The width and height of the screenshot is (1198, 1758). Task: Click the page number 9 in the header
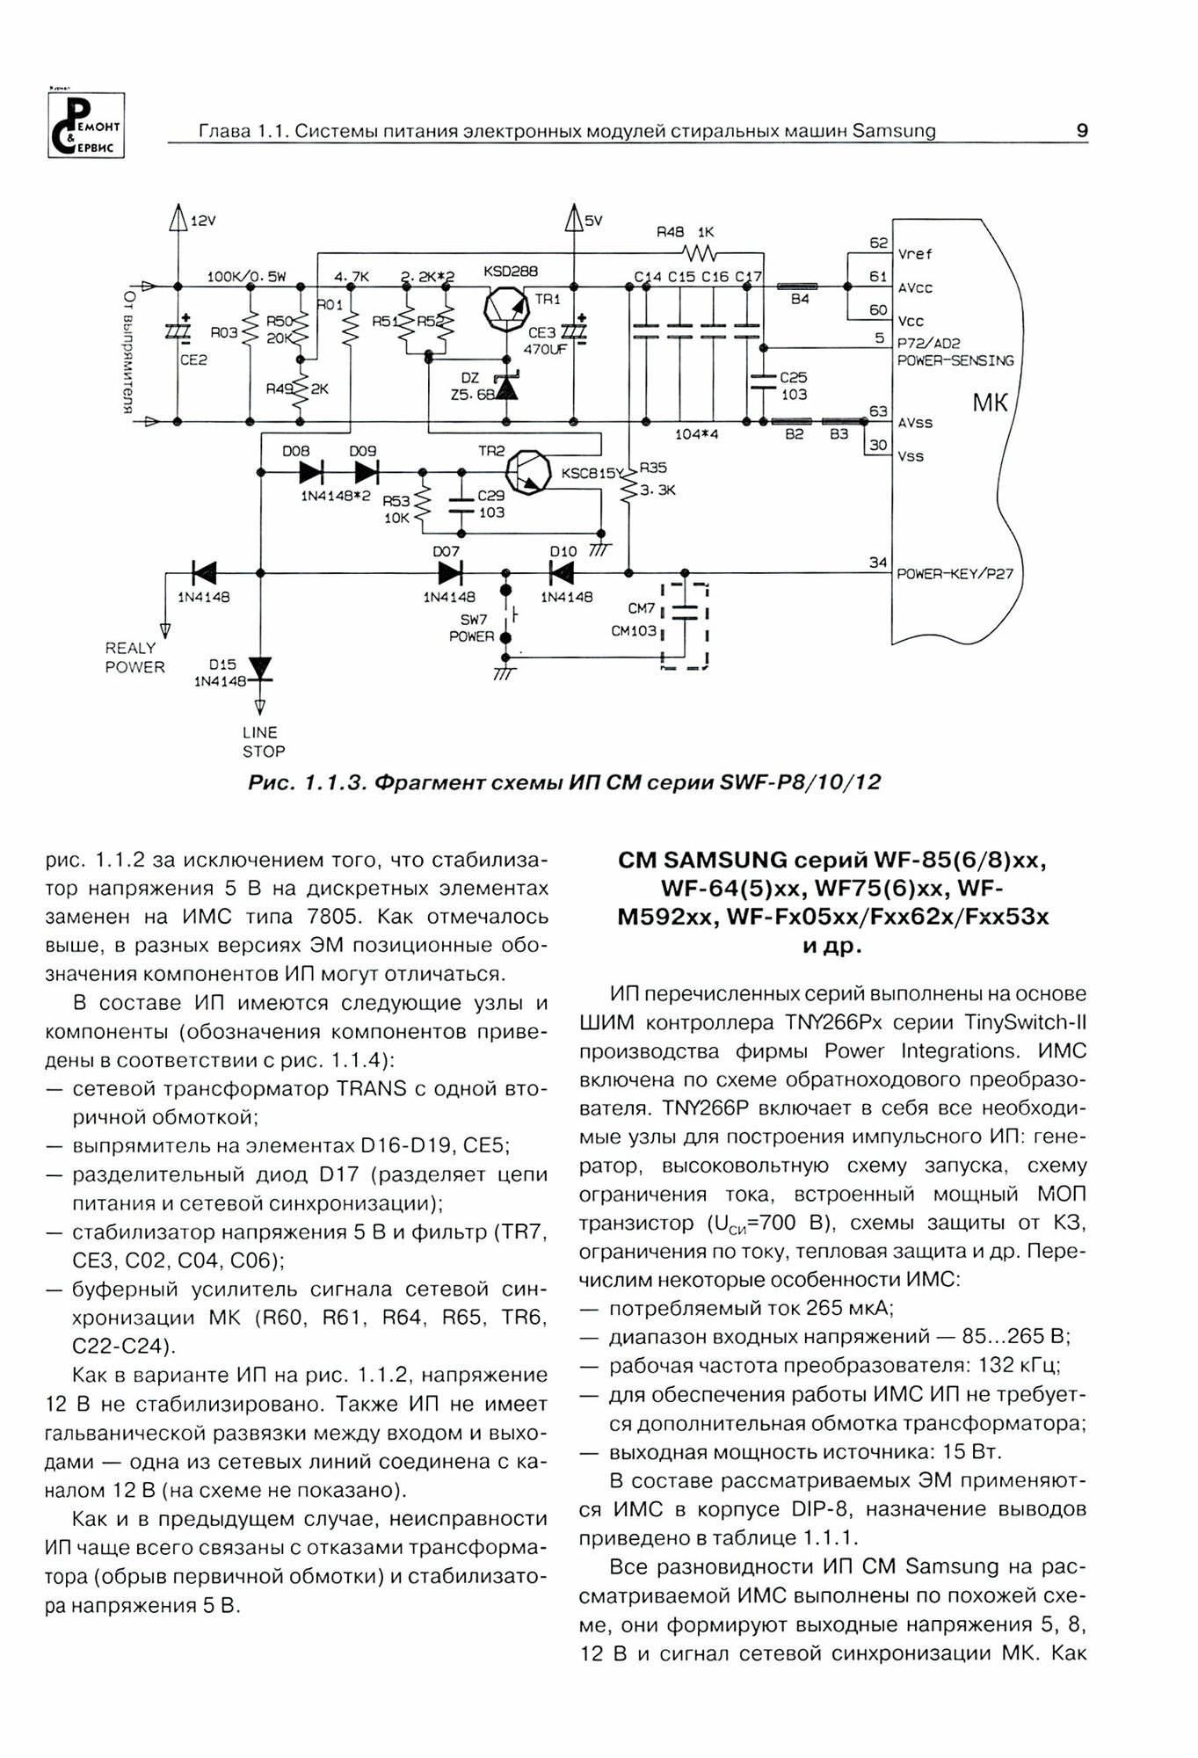tap(1082, 131)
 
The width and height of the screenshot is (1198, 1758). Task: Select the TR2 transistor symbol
tap(532, 473)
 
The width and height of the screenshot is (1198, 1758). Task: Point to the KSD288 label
tap(511, 272)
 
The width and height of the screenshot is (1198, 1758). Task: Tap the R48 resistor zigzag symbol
tap(702, 253)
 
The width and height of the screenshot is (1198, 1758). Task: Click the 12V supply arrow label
tap(202, 222)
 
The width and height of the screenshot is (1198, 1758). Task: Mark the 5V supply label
tap(593, 222)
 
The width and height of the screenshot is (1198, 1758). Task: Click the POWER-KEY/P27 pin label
tap(955, 575)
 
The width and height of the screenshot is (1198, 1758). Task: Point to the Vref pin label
tap(915, 254)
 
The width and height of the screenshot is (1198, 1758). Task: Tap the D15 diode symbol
tap(260, 668)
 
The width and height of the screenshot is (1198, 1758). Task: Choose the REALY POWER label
tap(134, 657)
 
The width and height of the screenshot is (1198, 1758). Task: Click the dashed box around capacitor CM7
tap(685, 625)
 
